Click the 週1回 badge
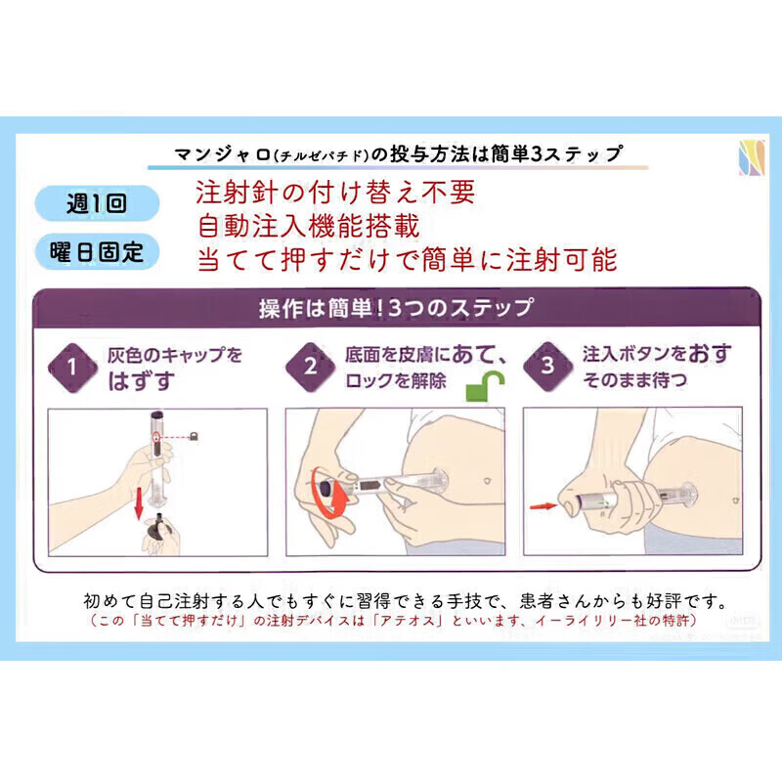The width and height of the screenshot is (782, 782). (97, 204)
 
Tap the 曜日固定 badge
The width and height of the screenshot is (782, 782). (97, 252)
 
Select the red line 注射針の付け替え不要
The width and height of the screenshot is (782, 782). (335, 193)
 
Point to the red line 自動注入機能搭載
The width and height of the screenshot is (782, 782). (308, 226)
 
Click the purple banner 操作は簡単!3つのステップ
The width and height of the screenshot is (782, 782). (396, 308)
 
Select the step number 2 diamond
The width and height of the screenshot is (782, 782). (310, 367)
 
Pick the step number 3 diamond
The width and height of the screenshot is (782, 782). (547, 367)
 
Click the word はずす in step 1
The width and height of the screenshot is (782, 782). (143, 379)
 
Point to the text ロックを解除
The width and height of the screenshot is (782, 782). (396, 381)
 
